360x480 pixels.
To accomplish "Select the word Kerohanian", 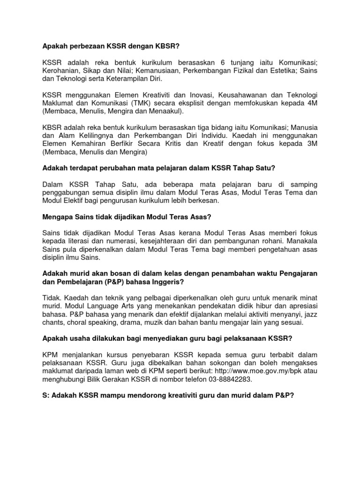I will [x=60, y=71].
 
